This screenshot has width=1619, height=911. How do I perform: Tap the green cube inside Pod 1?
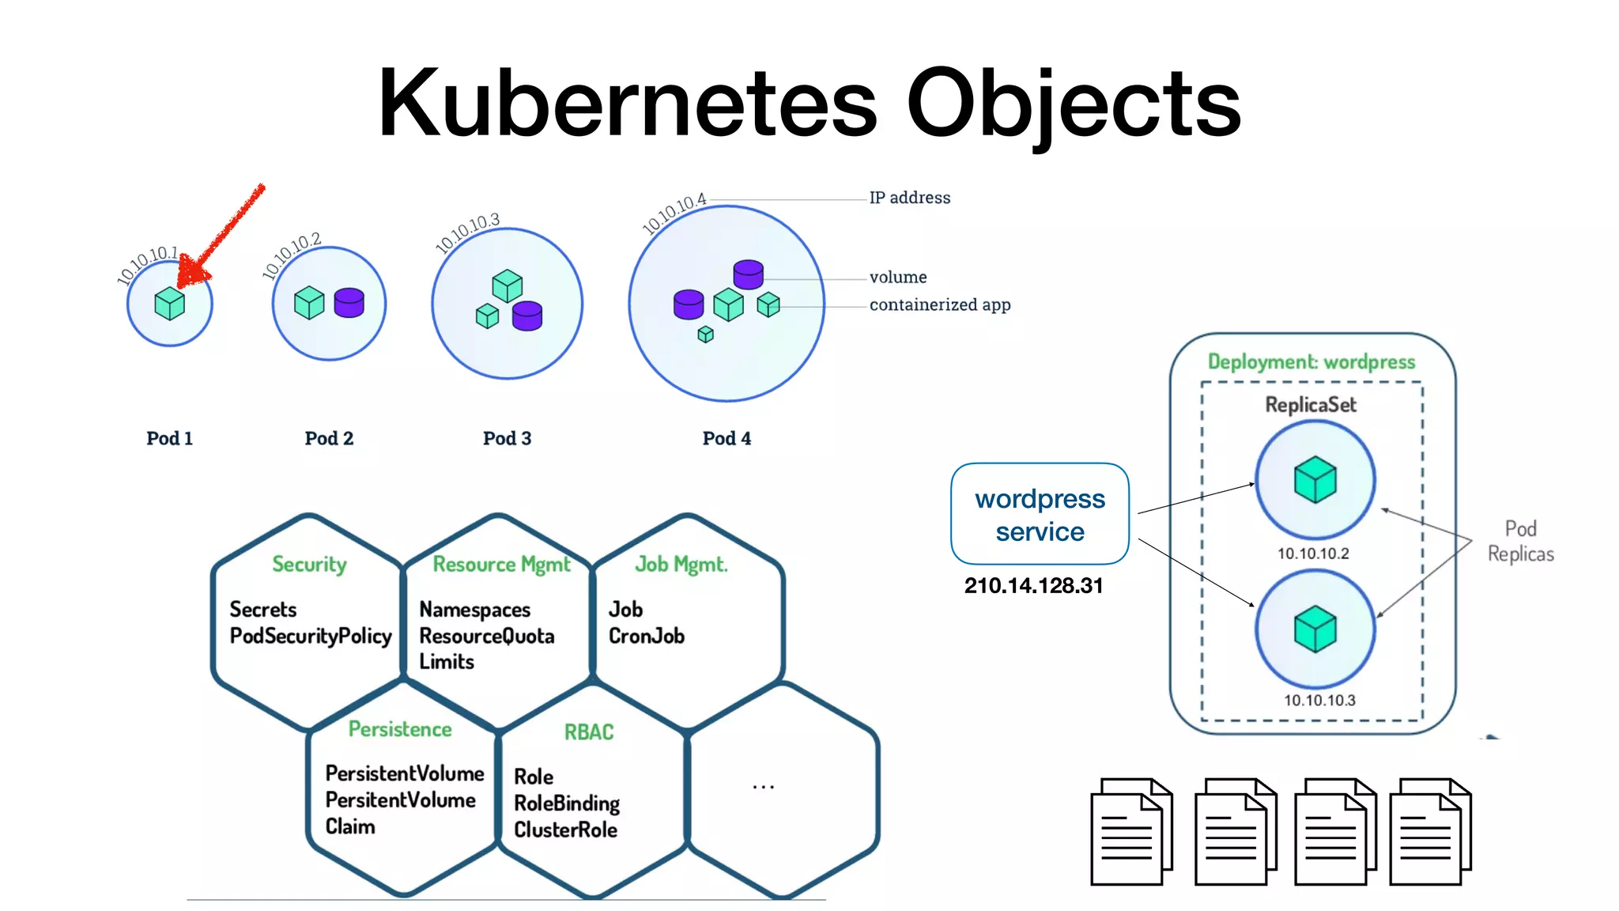coord(169,304)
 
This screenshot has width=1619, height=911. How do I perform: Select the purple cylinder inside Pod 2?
coord(349,302)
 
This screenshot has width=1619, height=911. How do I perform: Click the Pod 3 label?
coord(507,438)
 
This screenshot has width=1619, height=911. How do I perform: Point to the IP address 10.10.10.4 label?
coord(674,213)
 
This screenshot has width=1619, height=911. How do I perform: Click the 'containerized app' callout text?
coord(939,304)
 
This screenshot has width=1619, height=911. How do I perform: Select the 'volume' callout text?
coord(898,277)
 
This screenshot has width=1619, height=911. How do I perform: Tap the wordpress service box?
coord(1040,514)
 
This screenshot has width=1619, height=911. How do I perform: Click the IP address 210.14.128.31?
coord(1033,586)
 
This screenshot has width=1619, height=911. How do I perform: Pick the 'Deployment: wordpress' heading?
coord(1311,362)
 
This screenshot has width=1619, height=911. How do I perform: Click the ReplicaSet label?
coord(1311,405)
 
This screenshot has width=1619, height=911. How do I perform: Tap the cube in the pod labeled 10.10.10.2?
coord(1315,479)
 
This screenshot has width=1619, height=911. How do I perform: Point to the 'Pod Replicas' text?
coord(1520,541)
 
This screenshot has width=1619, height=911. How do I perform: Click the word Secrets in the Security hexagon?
coord(262,610)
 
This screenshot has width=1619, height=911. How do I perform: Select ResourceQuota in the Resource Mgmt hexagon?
coord(486,636)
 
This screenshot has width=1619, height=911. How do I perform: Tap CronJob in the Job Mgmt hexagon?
coord(646,636)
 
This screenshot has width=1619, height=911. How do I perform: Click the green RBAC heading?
coord(588,732)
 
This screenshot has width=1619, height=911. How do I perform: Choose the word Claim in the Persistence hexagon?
coord(349,826)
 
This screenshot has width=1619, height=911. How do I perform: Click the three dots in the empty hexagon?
coord(763,787)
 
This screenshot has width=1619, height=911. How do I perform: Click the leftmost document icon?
coord(1130,832)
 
